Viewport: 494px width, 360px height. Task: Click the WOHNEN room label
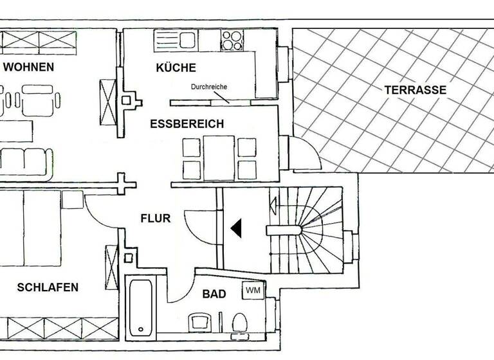pos(28,67)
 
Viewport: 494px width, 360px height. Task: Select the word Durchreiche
pos(208,87)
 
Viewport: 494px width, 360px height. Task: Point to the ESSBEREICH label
pos(187,124)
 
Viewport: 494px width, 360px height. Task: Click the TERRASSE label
pos(415,90)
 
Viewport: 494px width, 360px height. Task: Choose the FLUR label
pos(156,219)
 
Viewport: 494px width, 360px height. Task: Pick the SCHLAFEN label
pos(48,287)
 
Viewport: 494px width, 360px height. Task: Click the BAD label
pos(214,294)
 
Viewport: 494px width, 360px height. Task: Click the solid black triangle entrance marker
pos(236,228)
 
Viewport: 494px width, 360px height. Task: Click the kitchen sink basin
pos(187,40)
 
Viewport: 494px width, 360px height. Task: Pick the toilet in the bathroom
pos(239,321)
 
